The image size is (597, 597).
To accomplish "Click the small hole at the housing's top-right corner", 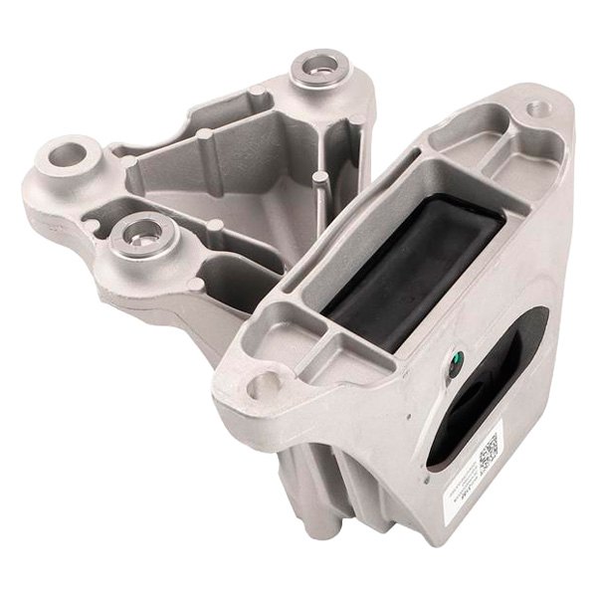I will (x=537, y=106).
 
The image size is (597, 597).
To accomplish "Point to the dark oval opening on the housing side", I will (x=476, y=398).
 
